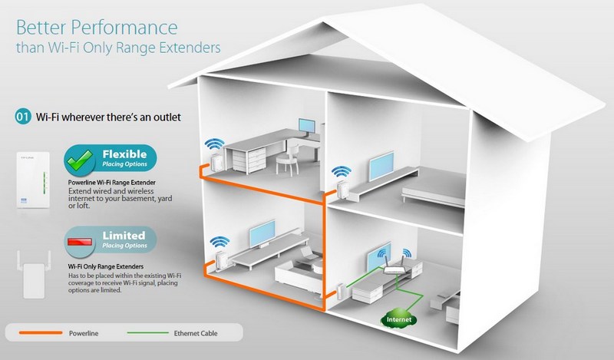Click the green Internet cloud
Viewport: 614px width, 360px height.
(399, 319)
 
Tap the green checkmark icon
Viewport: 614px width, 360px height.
(80, 161)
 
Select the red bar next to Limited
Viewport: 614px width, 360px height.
(80, 242)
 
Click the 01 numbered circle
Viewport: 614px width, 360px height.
(23, 117)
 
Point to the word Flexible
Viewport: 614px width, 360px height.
(124, 154)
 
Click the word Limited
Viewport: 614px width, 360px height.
(124, 236)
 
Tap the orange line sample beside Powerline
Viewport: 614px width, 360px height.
(41, 333)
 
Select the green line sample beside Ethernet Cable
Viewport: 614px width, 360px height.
(148, 333)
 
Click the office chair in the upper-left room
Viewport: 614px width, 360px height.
(287, 158)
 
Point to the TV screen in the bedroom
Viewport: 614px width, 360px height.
(381, 167)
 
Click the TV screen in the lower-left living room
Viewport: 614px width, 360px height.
(262, 233)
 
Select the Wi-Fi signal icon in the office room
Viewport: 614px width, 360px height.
(215, 144)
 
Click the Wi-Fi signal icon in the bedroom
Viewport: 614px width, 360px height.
(341, 172)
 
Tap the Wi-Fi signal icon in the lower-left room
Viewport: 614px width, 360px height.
(220, 242)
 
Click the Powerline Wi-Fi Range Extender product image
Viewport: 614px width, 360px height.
(33, 180)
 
